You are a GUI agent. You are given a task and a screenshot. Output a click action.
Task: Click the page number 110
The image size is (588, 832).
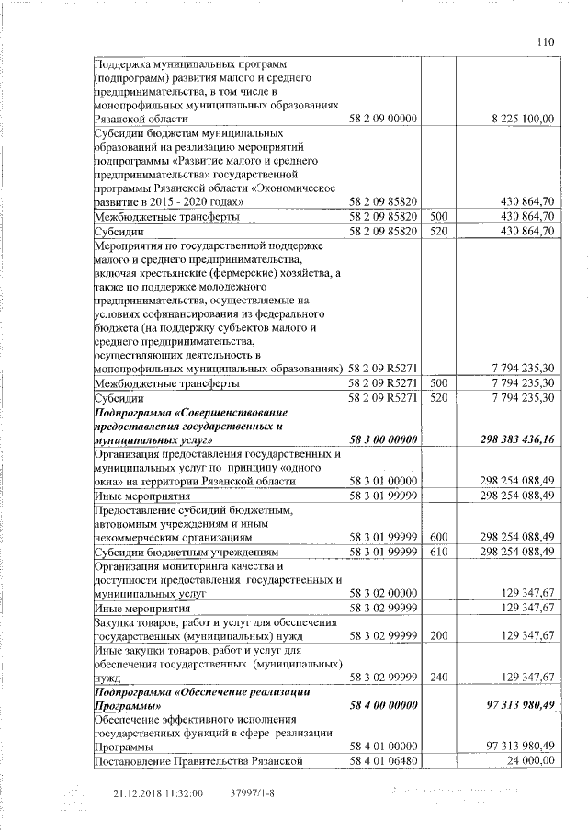547,40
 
